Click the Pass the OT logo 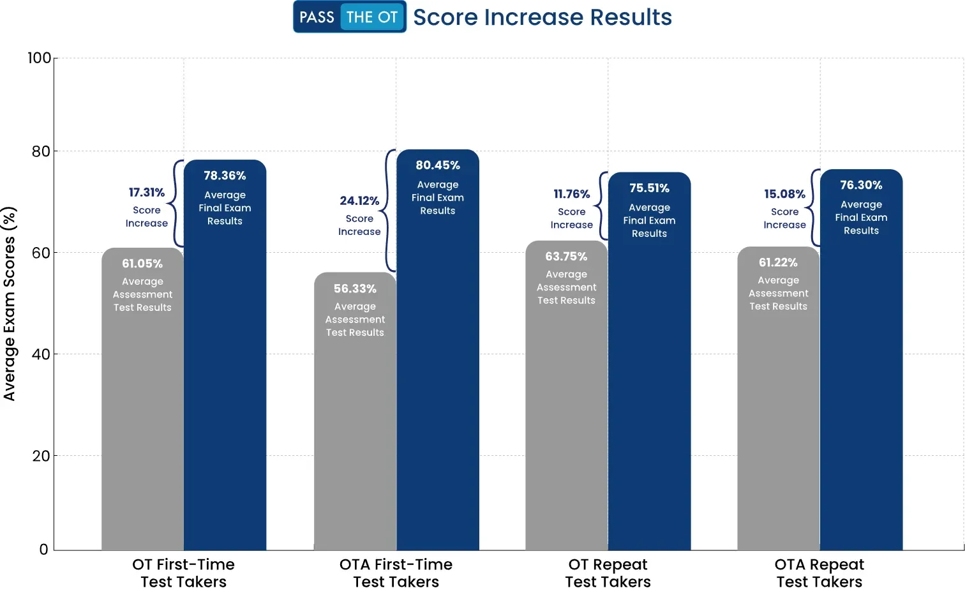pyautogui.click(x=349, y=17)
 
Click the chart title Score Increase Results pyautogui.click(x=542, y=17)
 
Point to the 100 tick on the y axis pyautogui.click(x=39, y=58)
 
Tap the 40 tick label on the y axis pyautogui.click(x=41, y=354)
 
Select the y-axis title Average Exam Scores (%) pyautogui.click(x=9, y=304)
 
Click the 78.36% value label pyautogui.click(x=225, y=176)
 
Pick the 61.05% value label pyautogui.click(x=142, y=264)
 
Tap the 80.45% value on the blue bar pyautogui.click(x=438, y=165)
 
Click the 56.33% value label pyautogui.click(x=355, y=289)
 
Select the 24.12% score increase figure pyautogui.click(x=359, y=201)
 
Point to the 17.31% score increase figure pyautogui.click(x=147, y=193)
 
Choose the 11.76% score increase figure pyautogui.click(x=572, y=194)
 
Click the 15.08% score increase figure pyautogui.click(x=784, y=194)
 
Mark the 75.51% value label pyautogui.click(x=649, y=188)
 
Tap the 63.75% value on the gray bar pyautogui.click(x=566, y=257)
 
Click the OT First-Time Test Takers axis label pyautogui.click(x=183, y=573)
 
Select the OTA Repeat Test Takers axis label pyautogui.click(x=819, y=573)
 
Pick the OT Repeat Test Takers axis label pyautogui.click(x=608, y=573)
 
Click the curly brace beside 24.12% pyautogui.click(x=389, y=211)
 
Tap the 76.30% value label pyautogui.click(x=861, y=185)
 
